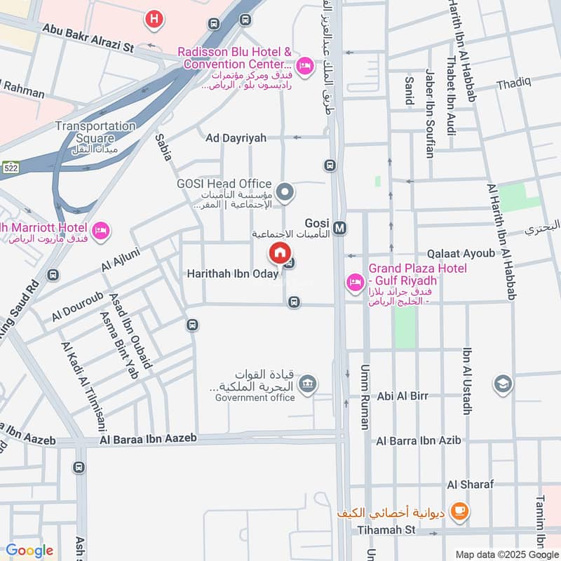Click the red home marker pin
pyautogui.click(x=279, y=252)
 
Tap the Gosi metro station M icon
pyautogui.click(x=340, y=228)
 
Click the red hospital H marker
pyautogui.click(x=154, y=20)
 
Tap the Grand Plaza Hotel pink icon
pyautogui.click(x=355, y=283)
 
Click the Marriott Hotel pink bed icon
pyautogui.click(x=101, y=230)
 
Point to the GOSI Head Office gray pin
pyautogui.click(x=285, y=191)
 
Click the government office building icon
pyautogui.click(x=307, y=384)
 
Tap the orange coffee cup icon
pyautogui.click(x=459, y=511)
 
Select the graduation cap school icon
pyautogui.click(x=503, y=384)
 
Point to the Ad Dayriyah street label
pyautogui.click(x=236, y=138)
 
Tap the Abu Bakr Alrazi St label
pyautogui.click(x=88, y=39)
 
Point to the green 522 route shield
pyautogui.click(x=9, y=168)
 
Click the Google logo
pyautogui.click(x=29, y=550)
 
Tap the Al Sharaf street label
pyautogui.click(x=471, y=485)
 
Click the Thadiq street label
pyautogui.click(x=514, y=83)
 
